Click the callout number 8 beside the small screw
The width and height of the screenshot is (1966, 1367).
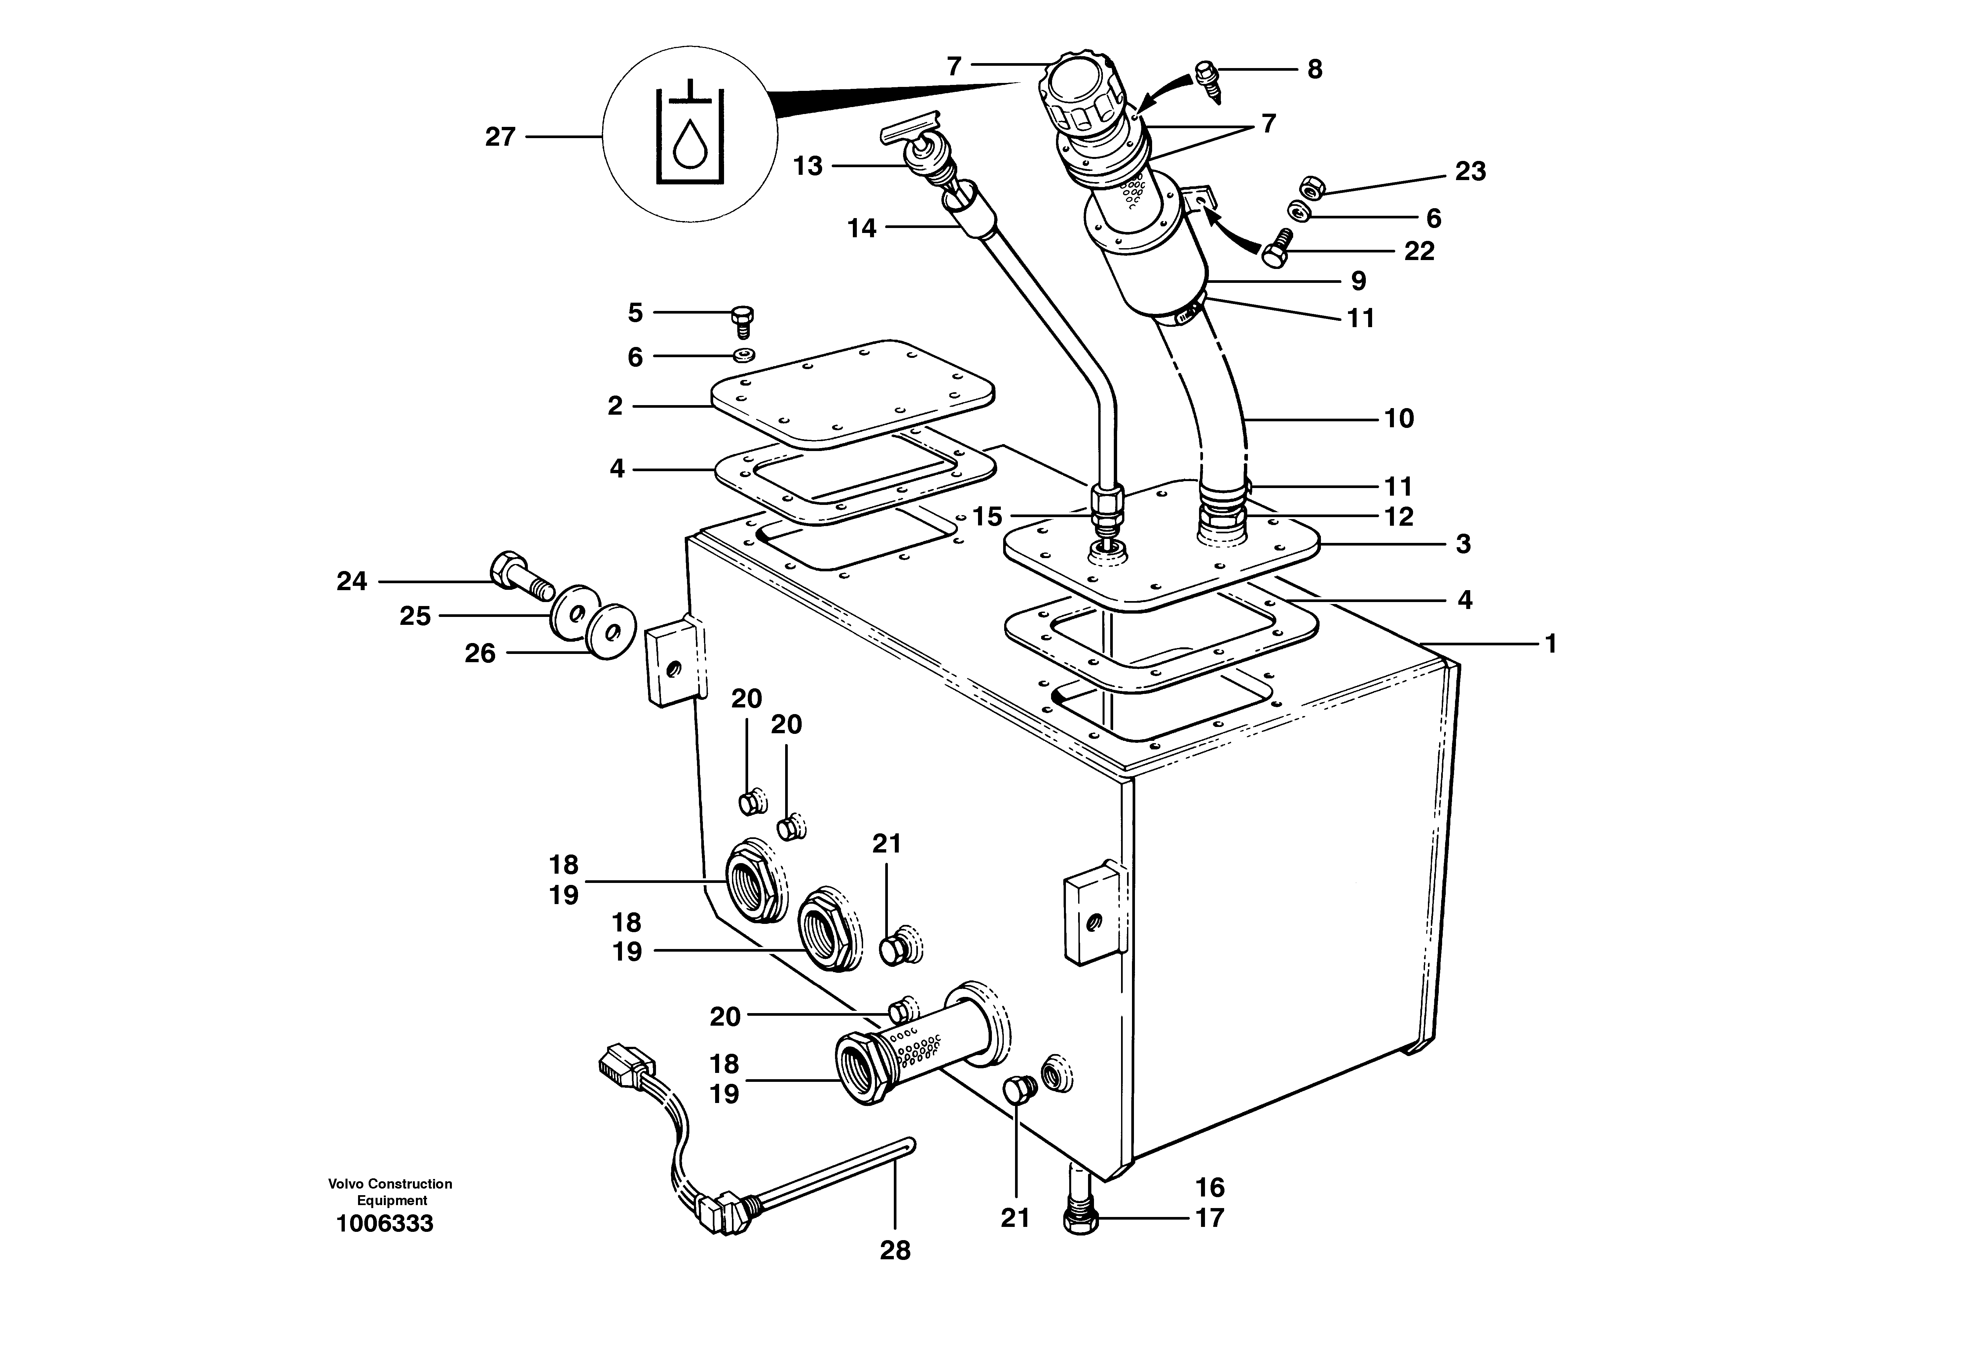click(x=1314, y=69)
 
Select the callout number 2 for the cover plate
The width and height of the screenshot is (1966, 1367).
click(x=615, y=406)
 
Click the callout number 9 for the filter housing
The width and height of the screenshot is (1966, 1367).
click(x=1358, y=281)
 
